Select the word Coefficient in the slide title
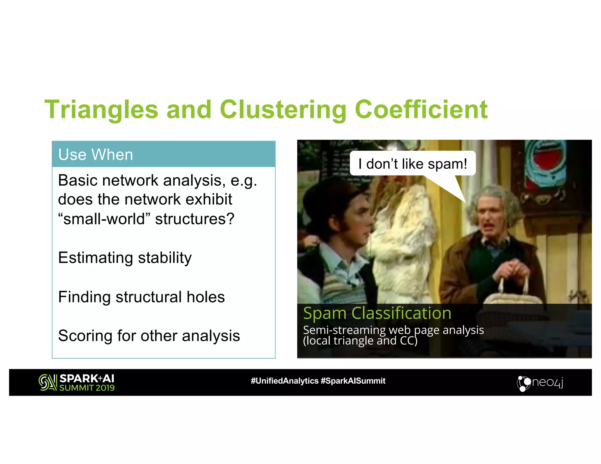421,109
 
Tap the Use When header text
96,155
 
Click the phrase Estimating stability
125,258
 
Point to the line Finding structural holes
141,297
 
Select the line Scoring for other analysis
149,336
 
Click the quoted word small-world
104,219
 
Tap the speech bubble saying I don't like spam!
412,164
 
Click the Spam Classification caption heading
377,313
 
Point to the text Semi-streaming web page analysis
393,330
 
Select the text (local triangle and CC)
360,341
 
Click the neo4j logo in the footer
540,383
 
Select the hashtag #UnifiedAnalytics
284,381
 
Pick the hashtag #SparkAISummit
353,381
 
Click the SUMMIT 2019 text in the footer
87,388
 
